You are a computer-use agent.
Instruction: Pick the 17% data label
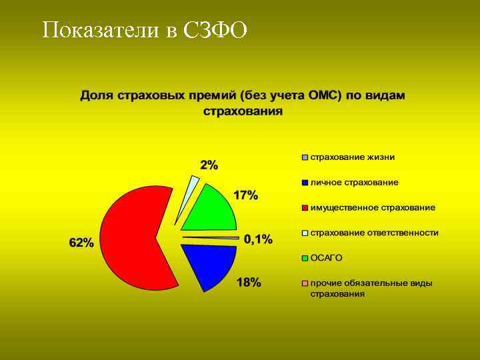pyautogui.click(x=245, y=195)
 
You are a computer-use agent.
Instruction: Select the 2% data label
pyautogui.click(x=209, y=165)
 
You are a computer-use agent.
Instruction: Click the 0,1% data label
pyautogui.click(x=258, y=239)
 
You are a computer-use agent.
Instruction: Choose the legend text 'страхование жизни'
pyautogui.click(x=352, y=157)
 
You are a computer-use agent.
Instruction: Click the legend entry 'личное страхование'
pyautogui.click(x=354, y=182)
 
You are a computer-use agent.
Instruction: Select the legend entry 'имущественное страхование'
pyautogui.click(x=373, y=207)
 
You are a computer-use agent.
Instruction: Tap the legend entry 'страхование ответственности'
pyautogui.click(x=374, y=233)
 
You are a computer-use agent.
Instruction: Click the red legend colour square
pyautogui.click(x=305, y=208)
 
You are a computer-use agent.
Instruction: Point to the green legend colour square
pyautogui.click(x=305, y=258)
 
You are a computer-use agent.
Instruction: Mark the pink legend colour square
pyautogui.click(x=305, y=283)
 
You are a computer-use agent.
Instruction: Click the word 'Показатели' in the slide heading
pyautogui.click(x=98, y=30)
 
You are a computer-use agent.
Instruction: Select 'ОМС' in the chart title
pyautogui.click(x=323, y=95)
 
